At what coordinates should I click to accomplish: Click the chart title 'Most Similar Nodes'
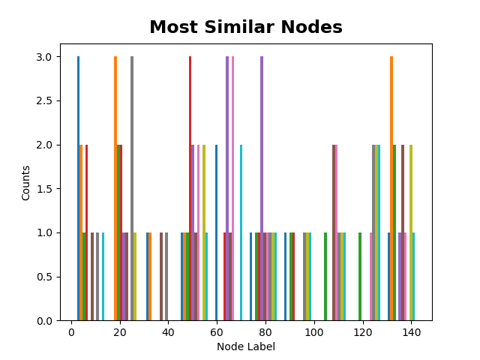point(246,28)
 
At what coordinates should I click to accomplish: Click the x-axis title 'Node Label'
point(246,346)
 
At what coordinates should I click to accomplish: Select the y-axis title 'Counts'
point(26,182)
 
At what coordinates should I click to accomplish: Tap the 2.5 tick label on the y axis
point(52,101)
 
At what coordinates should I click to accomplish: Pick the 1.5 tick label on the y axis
point(52,189)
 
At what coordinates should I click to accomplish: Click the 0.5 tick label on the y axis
point(52,277)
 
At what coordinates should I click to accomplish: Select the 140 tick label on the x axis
point(411,333)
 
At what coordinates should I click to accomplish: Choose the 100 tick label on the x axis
point(314,333)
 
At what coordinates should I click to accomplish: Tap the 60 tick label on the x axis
point(217,333)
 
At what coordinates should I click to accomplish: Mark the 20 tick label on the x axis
point(120,333)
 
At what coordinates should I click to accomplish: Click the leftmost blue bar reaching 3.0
point(78,187)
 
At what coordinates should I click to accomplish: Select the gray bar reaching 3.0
point(132,187)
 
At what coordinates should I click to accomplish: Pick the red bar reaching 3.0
point(190,187)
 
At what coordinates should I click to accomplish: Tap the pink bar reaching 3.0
point(232,187)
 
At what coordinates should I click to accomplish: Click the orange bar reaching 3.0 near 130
point(391,187)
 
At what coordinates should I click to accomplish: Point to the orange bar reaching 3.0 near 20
point(115,187)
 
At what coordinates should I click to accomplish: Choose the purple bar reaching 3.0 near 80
point(262,187)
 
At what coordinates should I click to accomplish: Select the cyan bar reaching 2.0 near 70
point(241,232)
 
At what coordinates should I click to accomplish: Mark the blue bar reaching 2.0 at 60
point(217,232)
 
